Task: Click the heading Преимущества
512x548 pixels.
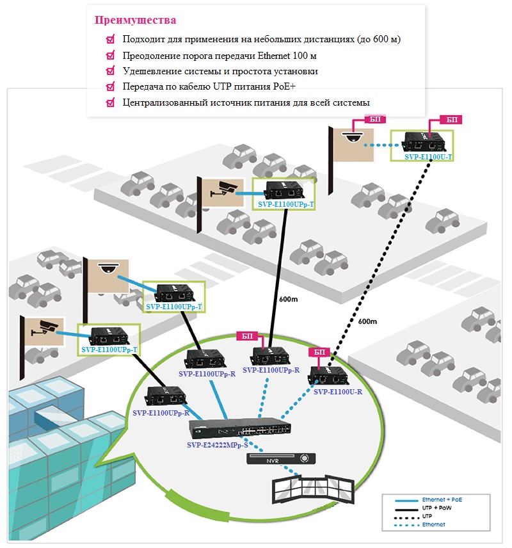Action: (x=135, y=20)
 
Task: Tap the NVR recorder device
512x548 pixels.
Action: (x=281, y=459)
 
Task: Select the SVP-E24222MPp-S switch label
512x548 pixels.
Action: (x=218, y=445)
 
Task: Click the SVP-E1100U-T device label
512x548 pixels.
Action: (x=428, y=157)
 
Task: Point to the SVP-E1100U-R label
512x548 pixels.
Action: (x=338, y=392)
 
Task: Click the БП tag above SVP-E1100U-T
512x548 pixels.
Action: (x=452, y=120)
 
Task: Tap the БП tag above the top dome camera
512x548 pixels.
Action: (x=374, y=119)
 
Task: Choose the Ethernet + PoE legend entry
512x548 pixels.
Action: (x=428, y=500)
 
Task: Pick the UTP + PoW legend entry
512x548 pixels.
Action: (x=423, y=508)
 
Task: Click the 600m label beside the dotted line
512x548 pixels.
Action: (x=367, y=321)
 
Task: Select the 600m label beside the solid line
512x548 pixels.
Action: (x=289, y=299)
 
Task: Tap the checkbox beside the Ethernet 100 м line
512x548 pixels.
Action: (x=111, y=55)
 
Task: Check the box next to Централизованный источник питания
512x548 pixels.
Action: (x=111, y=102)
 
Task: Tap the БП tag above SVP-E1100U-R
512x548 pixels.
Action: (x=319, y=352)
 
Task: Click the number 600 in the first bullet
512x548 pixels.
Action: (x=381, y=39)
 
